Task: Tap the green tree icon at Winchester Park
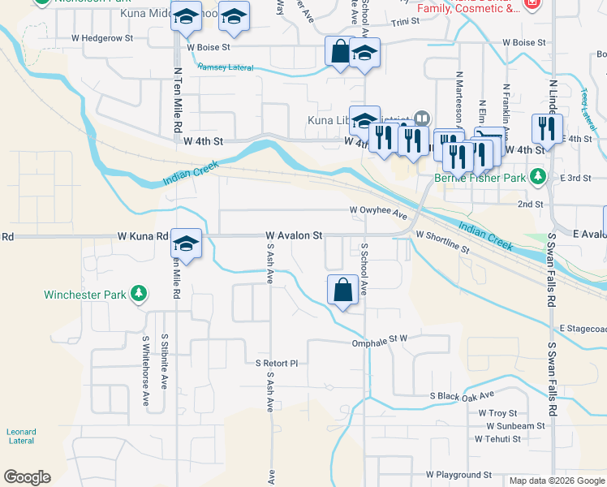(140, 293)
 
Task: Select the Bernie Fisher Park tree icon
(536, 176)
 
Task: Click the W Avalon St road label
(294, 235)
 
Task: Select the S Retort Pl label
(277, 363)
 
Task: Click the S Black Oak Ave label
(462, 395)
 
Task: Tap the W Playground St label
(459, 474)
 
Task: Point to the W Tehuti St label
(493, 438)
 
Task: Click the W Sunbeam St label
(515, 425)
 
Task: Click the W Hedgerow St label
(101, 38)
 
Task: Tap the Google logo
(27, 477)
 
